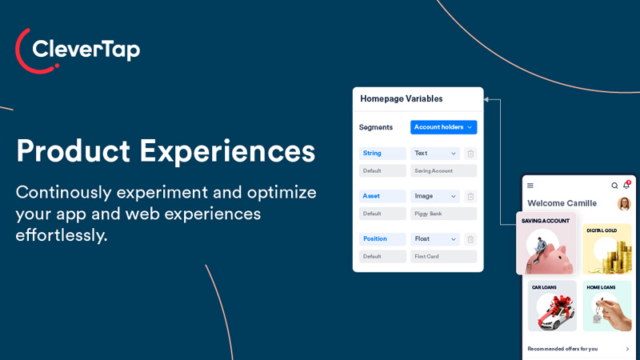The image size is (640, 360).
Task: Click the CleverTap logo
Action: tap(78, 50)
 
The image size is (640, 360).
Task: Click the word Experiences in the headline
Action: tap(227, 151)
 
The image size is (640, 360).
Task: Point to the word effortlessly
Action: tap(61, 235)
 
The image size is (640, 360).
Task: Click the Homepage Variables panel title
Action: tap(401, 99)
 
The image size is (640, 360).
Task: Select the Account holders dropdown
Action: tap(443, 127)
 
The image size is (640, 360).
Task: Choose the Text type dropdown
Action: tap(435, 154)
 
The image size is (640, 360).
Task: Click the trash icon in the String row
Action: tap(470, 154)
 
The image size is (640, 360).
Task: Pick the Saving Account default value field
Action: tap(443, 170)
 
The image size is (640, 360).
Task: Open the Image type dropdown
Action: tap(435, 196)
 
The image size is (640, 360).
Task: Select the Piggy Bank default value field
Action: tap(443, 214)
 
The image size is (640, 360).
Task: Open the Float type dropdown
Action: tap(435, 239)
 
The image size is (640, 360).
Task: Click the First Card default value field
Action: tap(443, 257)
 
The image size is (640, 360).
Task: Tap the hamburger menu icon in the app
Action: tap(530, 186)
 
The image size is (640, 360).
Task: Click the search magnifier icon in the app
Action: tap(614, 186)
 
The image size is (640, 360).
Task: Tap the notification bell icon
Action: tap(626, 186)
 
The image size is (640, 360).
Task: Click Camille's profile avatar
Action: tap(624, 204)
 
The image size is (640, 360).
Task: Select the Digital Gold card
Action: tap(607, 249)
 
